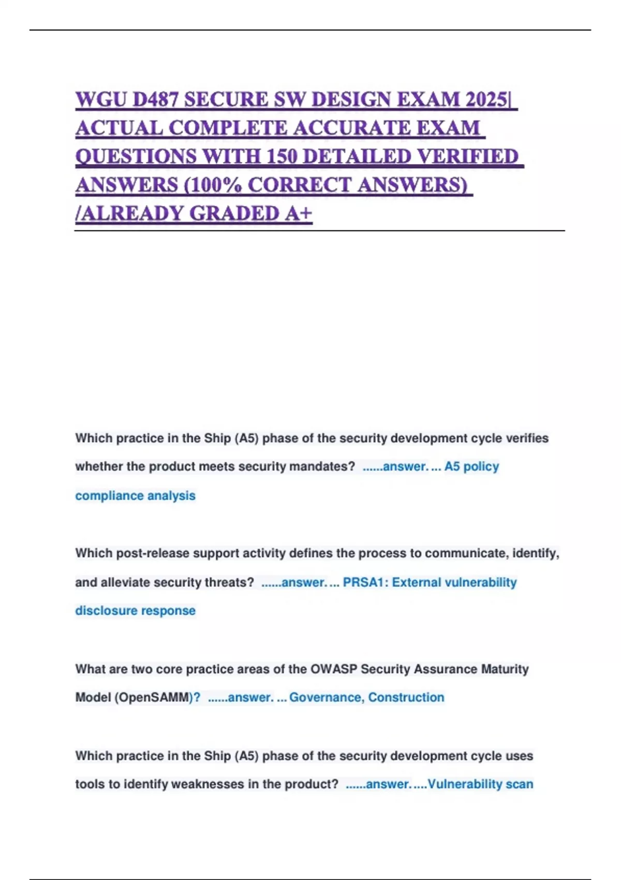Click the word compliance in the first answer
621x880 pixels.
point(108,495)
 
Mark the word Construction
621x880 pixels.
point(406,697)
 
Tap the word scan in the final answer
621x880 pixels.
point(520,784)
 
